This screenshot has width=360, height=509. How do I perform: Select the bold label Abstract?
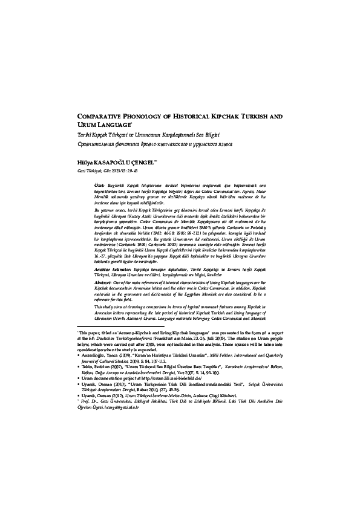tap(108, 299)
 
